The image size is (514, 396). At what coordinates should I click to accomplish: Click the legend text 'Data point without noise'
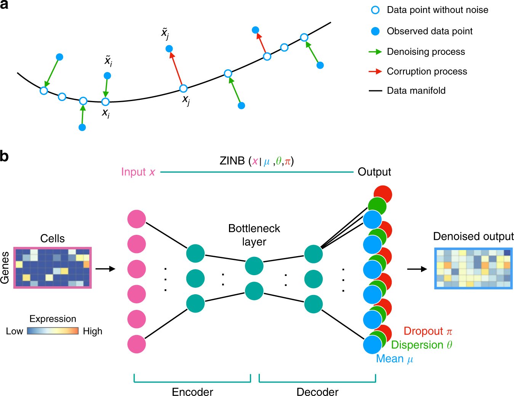tap(437, 10)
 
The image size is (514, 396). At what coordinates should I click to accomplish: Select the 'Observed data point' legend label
tap(429, 31)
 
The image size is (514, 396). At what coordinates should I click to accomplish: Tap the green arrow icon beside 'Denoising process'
tap(375, 52)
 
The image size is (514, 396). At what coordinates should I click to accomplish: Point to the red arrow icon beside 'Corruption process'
tap(375, 72)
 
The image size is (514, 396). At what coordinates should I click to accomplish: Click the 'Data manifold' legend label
tap(416, 91)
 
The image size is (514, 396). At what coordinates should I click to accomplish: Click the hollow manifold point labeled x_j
tap(183, 89)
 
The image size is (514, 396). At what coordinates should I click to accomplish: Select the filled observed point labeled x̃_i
tap(107, 76)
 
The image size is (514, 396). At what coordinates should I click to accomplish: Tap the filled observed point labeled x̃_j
tap(169, 49)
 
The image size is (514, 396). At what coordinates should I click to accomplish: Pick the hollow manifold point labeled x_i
tap(106, 102)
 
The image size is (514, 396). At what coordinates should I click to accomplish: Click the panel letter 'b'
tap(4, 156)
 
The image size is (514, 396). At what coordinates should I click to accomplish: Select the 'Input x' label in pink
tap(138, 172)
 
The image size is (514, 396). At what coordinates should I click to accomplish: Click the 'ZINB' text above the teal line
tap(232, 161)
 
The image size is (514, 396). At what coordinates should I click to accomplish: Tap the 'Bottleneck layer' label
tap(254, 235)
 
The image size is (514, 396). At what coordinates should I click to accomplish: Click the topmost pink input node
tap(136, 219)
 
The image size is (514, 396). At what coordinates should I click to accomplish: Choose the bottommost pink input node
tap(136, 344)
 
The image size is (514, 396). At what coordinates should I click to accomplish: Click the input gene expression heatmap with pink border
tap(53, 268)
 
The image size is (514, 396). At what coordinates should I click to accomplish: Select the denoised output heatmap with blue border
tap(473, 268)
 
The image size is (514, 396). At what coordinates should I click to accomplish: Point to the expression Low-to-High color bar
tap(53, 331)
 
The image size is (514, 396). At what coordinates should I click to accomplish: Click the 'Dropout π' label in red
tap(428, 331)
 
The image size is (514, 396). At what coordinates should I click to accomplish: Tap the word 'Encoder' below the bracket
tap(192, 391)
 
